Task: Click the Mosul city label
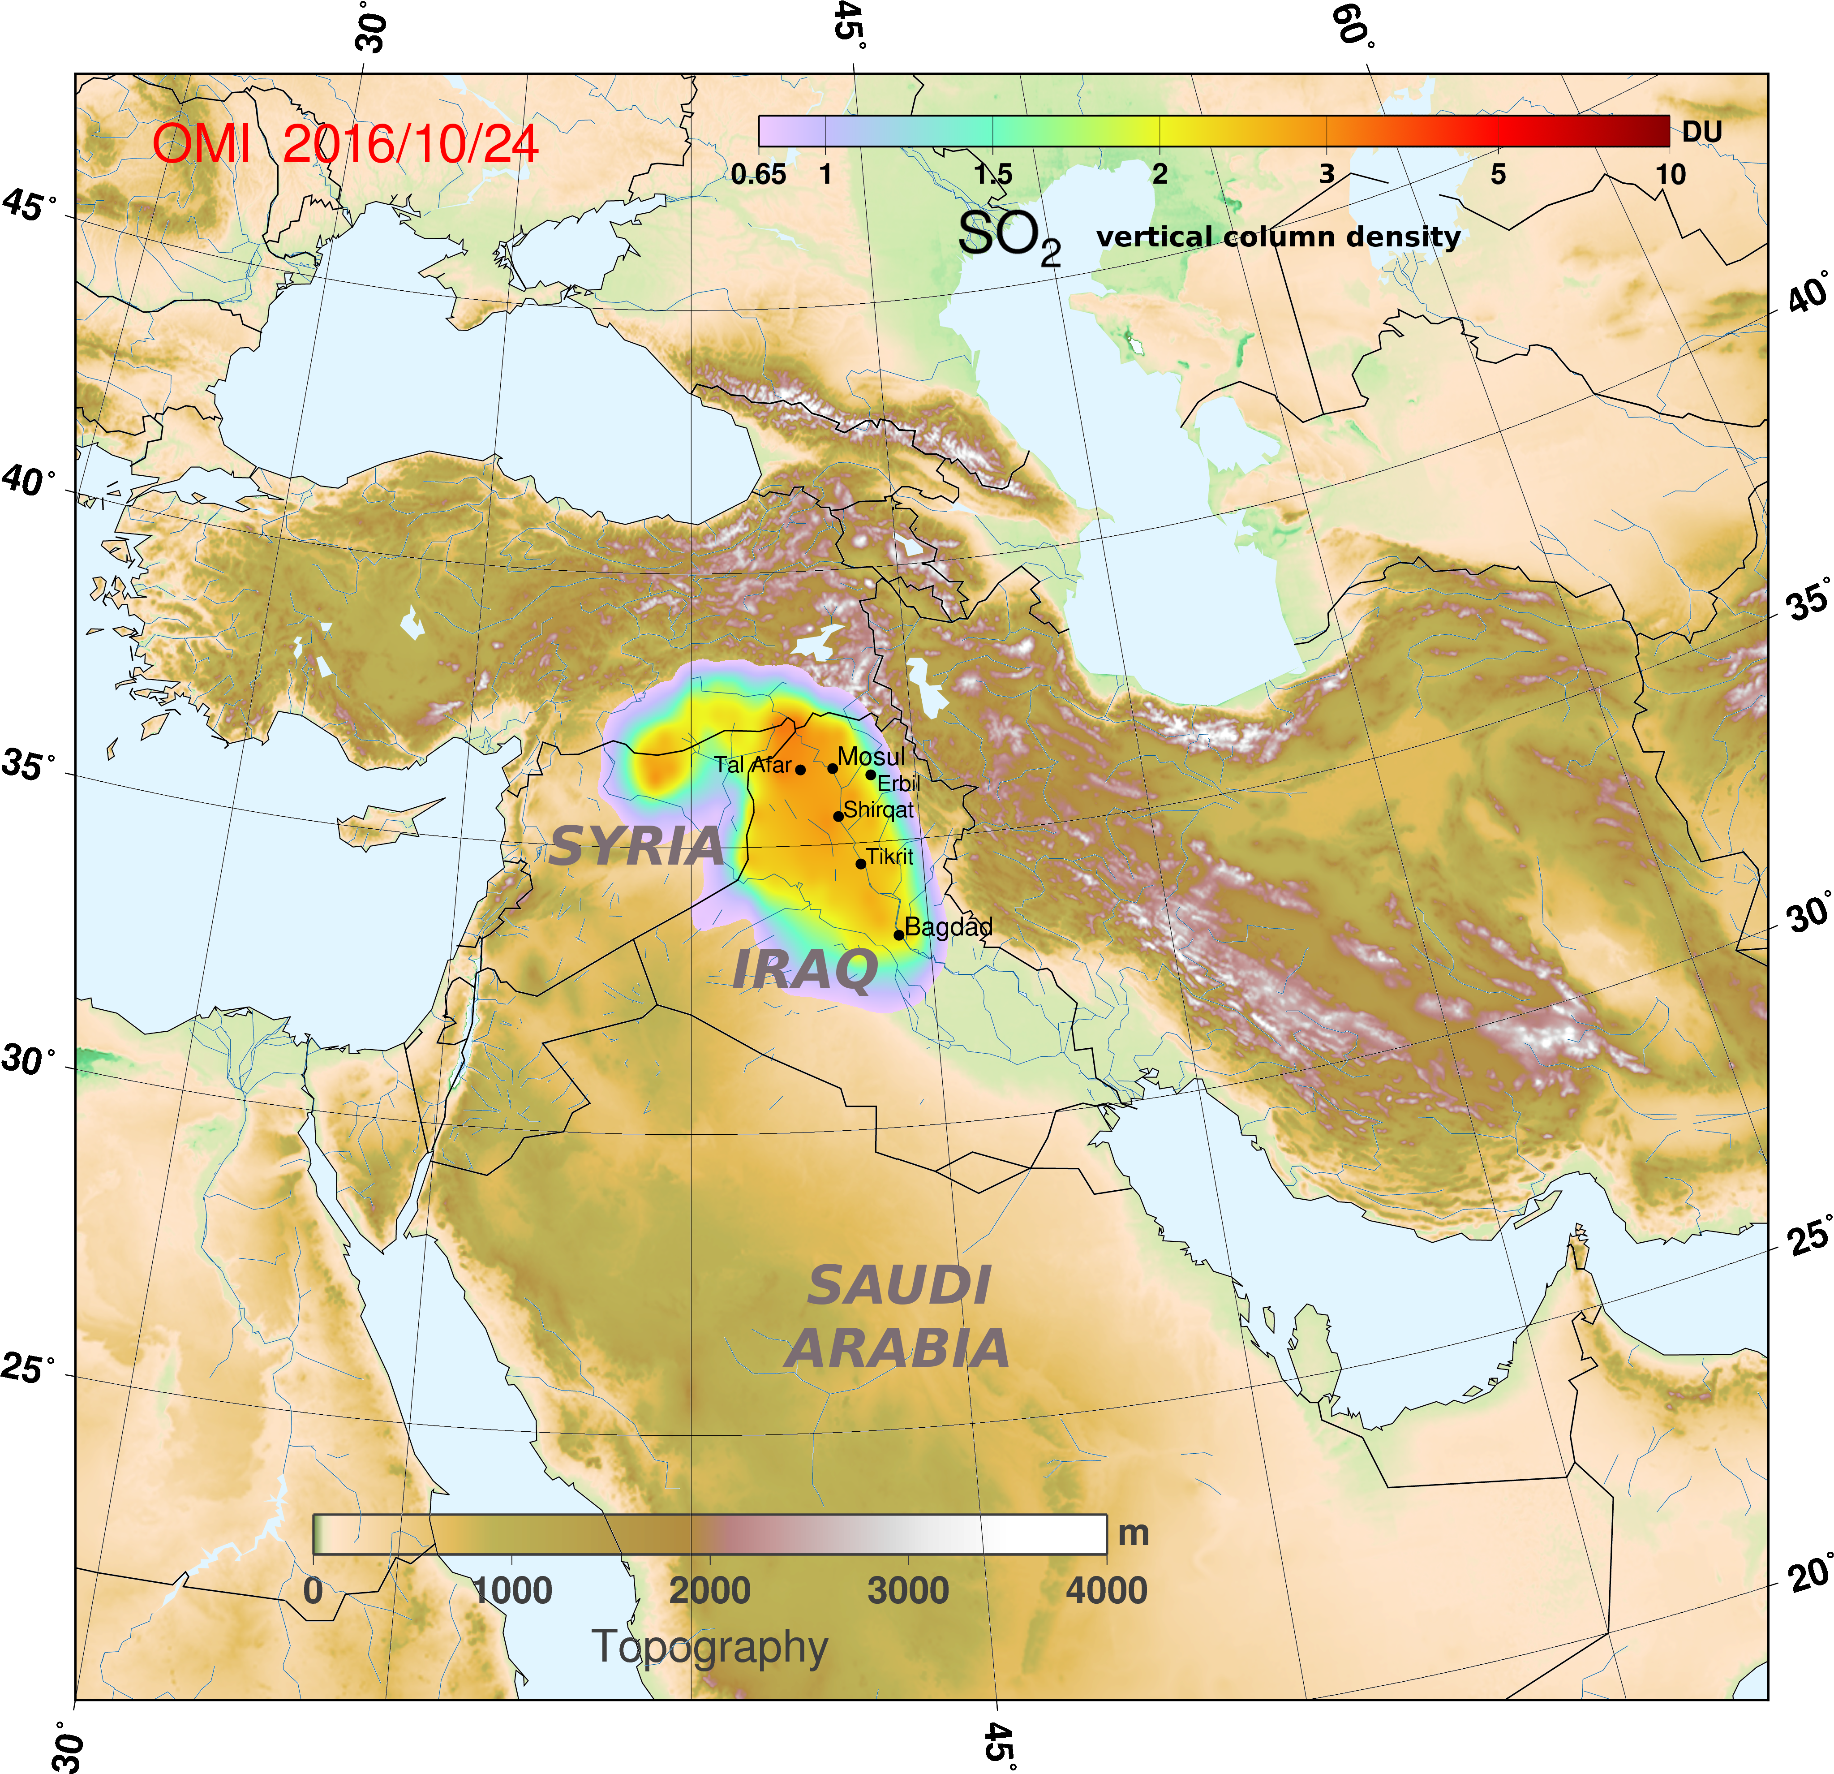coord(870,756)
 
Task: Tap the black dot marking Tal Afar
coord(800,770)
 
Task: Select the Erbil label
coord(898,784)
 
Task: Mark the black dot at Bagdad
coord(898,934)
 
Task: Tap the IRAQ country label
coord(805,969)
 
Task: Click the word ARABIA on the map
coord(898,1348)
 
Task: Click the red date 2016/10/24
coord(410,145)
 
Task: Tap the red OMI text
coord(201,145)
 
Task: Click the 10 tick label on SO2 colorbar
coord(1670,174)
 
